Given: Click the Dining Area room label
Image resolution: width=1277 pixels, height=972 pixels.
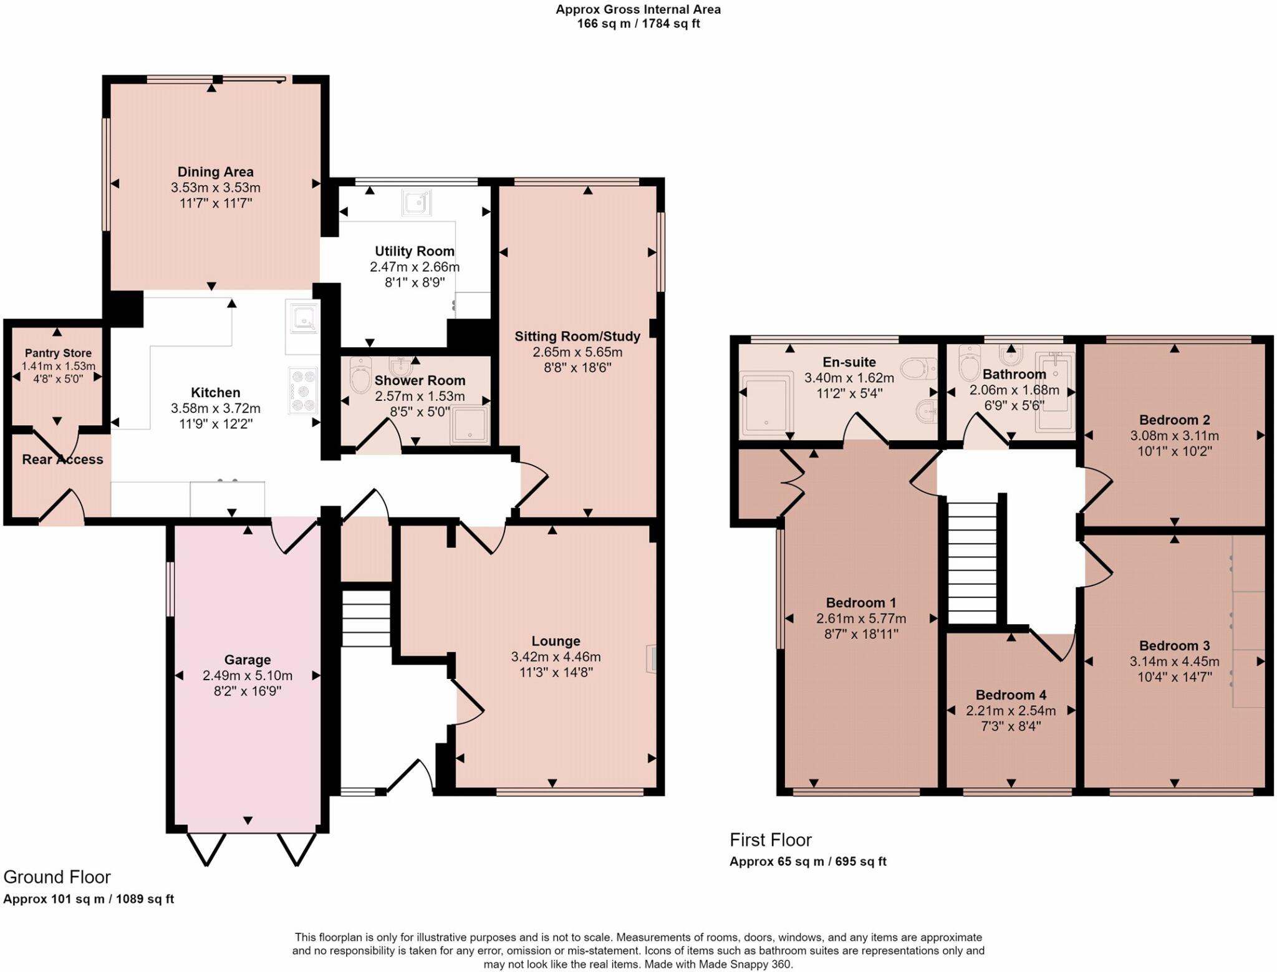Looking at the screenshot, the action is pos(215,172).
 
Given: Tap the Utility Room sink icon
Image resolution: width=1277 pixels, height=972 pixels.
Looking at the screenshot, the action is pos(417,202).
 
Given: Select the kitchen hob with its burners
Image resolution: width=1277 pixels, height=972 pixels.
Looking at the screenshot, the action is pos(304,391).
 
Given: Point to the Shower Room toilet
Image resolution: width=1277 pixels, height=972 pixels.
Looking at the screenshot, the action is pos(361,375).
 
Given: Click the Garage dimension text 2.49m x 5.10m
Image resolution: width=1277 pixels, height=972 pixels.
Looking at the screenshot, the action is pos(248,676).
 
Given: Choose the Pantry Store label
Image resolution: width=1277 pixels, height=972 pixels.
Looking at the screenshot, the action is pos(58,353).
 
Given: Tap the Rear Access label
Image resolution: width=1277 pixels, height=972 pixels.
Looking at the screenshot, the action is pos(62,460).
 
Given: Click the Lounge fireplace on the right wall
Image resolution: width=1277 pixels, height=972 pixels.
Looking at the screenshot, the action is pos(652,658).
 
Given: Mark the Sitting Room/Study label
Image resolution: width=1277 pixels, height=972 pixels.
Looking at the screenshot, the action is pos(577,337).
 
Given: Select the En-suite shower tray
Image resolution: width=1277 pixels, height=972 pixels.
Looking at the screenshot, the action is pos(766,403).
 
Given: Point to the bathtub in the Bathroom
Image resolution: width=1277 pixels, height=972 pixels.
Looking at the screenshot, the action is pos(1055,392).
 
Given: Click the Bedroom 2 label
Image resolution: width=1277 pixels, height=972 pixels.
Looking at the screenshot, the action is pos(1175,420).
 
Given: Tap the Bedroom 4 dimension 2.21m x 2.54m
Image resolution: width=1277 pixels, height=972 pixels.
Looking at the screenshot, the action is pos(1011,711).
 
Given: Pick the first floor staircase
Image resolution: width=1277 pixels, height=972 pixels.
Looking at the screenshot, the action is pos(972,563).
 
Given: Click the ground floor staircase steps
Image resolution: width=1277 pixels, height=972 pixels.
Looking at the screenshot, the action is pos(366,618).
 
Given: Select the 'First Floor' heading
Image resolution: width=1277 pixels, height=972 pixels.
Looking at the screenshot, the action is pos(771,840).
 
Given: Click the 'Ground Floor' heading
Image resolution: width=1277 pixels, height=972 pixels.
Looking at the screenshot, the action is pos(57,877).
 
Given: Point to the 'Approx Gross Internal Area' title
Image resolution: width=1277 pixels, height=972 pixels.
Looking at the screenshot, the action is pos(638,9).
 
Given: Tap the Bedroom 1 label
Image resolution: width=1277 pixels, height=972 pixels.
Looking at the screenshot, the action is pos(861,603).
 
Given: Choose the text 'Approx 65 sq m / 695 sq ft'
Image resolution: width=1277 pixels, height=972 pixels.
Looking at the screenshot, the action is pos(808,862).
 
